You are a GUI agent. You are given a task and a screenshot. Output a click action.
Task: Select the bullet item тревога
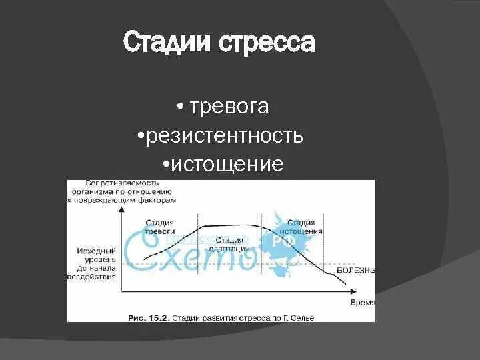tap(229, 107)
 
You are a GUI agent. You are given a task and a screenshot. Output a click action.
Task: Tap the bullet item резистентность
tap(225, 136)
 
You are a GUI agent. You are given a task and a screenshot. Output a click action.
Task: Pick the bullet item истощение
tap(227, 164)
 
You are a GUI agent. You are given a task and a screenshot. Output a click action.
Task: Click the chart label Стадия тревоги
tap(160, 226)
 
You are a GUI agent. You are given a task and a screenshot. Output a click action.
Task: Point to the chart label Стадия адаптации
tap(232, 243)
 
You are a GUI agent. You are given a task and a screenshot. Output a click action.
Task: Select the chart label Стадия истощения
tap(304, 227)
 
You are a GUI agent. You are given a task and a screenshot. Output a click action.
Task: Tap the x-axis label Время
tap(362, 302)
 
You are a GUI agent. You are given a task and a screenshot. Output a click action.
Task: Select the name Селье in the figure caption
tap(301, 318)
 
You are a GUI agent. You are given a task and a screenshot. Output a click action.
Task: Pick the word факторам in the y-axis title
tap(159, 200)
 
